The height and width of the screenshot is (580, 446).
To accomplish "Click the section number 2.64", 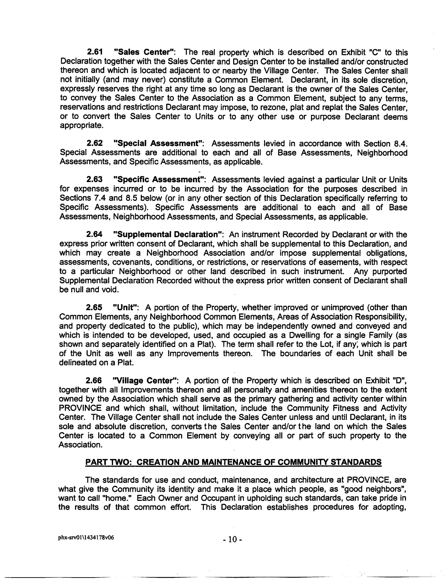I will coord(94,234).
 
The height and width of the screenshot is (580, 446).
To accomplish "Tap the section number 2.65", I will coord(94,308).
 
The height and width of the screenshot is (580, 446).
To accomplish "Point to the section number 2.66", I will coord(94,381).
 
